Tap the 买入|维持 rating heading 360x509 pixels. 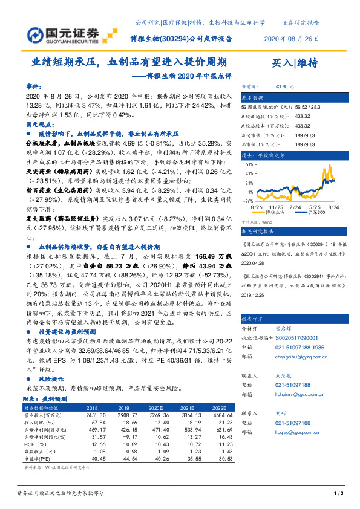point(295,62)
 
